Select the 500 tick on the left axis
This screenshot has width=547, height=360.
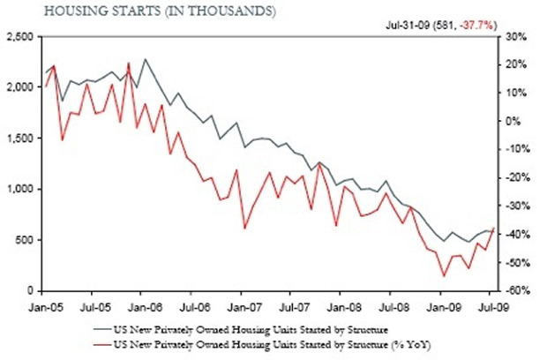click(x=24, y=240)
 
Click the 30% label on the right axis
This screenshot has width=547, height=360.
click(x=517, y=36)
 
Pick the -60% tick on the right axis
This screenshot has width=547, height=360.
click(x=516, y=290)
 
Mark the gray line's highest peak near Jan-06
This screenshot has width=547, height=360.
click(x=145, y=59)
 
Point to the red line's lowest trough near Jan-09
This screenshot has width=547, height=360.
click(x=444, y=276)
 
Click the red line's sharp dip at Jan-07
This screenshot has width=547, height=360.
click(x=244, y=229)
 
